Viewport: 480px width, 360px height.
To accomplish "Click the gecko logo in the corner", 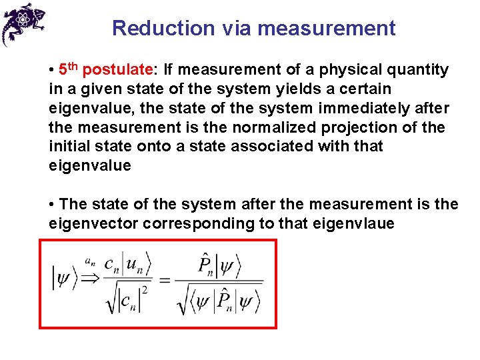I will tap(23, 23).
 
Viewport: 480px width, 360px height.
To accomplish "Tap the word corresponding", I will tap(199, 223).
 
